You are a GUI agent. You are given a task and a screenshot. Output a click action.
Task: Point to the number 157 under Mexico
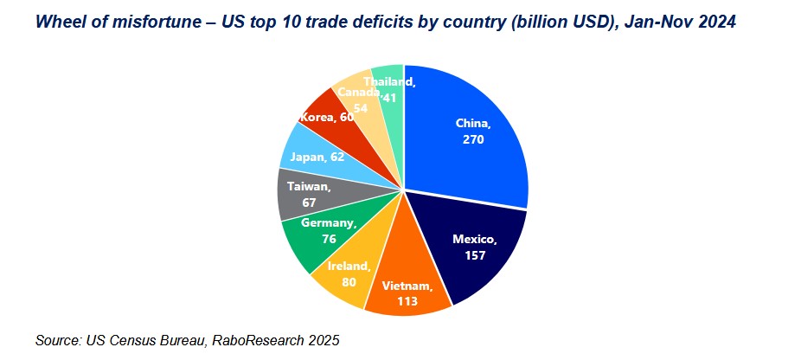(474, 255)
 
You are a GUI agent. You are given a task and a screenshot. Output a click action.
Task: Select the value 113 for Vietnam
(407, 302)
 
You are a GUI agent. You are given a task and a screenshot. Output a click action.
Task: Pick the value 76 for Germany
(328, 240)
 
